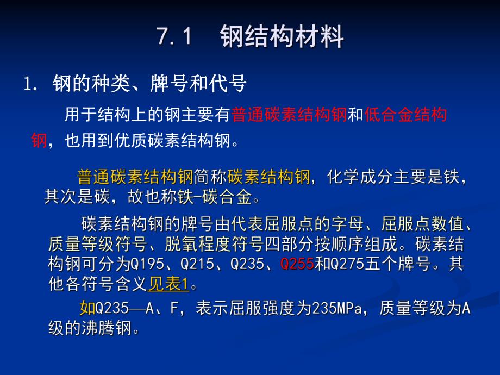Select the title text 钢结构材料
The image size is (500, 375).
(x=282, y=38)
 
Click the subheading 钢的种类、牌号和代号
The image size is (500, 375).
(x=149, y=84)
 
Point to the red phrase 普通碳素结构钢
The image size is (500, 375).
(x=289, y=115)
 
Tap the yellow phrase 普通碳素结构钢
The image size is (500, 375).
(x=135, y=177)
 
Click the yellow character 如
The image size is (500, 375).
(x=87, y=309)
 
